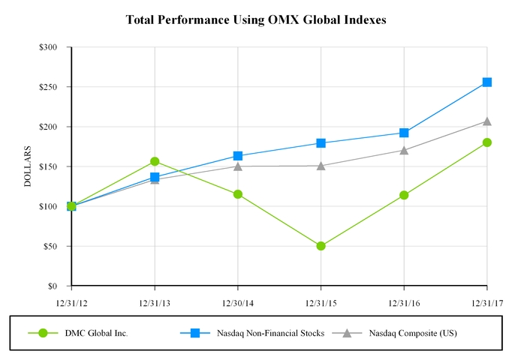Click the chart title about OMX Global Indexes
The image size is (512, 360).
pyautogui.click(x=256, y=20)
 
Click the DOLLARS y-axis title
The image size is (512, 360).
pyautogui.click(x=28, y=166)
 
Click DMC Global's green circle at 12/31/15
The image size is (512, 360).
pyautogui.click(x=321, y=246)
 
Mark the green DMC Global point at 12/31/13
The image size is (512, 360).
pyautogui.click(x=155, y=161)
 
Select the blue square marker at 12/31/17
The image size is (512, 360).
pyautogui.click(x=487, y=82)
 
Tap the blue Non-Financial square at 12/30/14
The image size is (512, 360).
pyautogui.click(x=238, y=156)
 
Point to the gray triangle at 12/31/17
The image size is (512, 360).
pyautogui.click(x=487, y=121)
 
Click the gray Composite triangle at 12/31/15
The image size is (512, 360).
pyautogui.click(x=321, y=165)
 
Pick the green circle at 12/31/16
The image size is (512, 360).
pyautogui.click(x=405, y=195)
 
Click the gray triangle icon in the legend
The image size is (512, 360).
pyautogui.click(x=347, y=333)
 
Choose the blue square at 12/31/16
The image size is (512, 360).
pyautogui.click(x=405, y=133)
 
